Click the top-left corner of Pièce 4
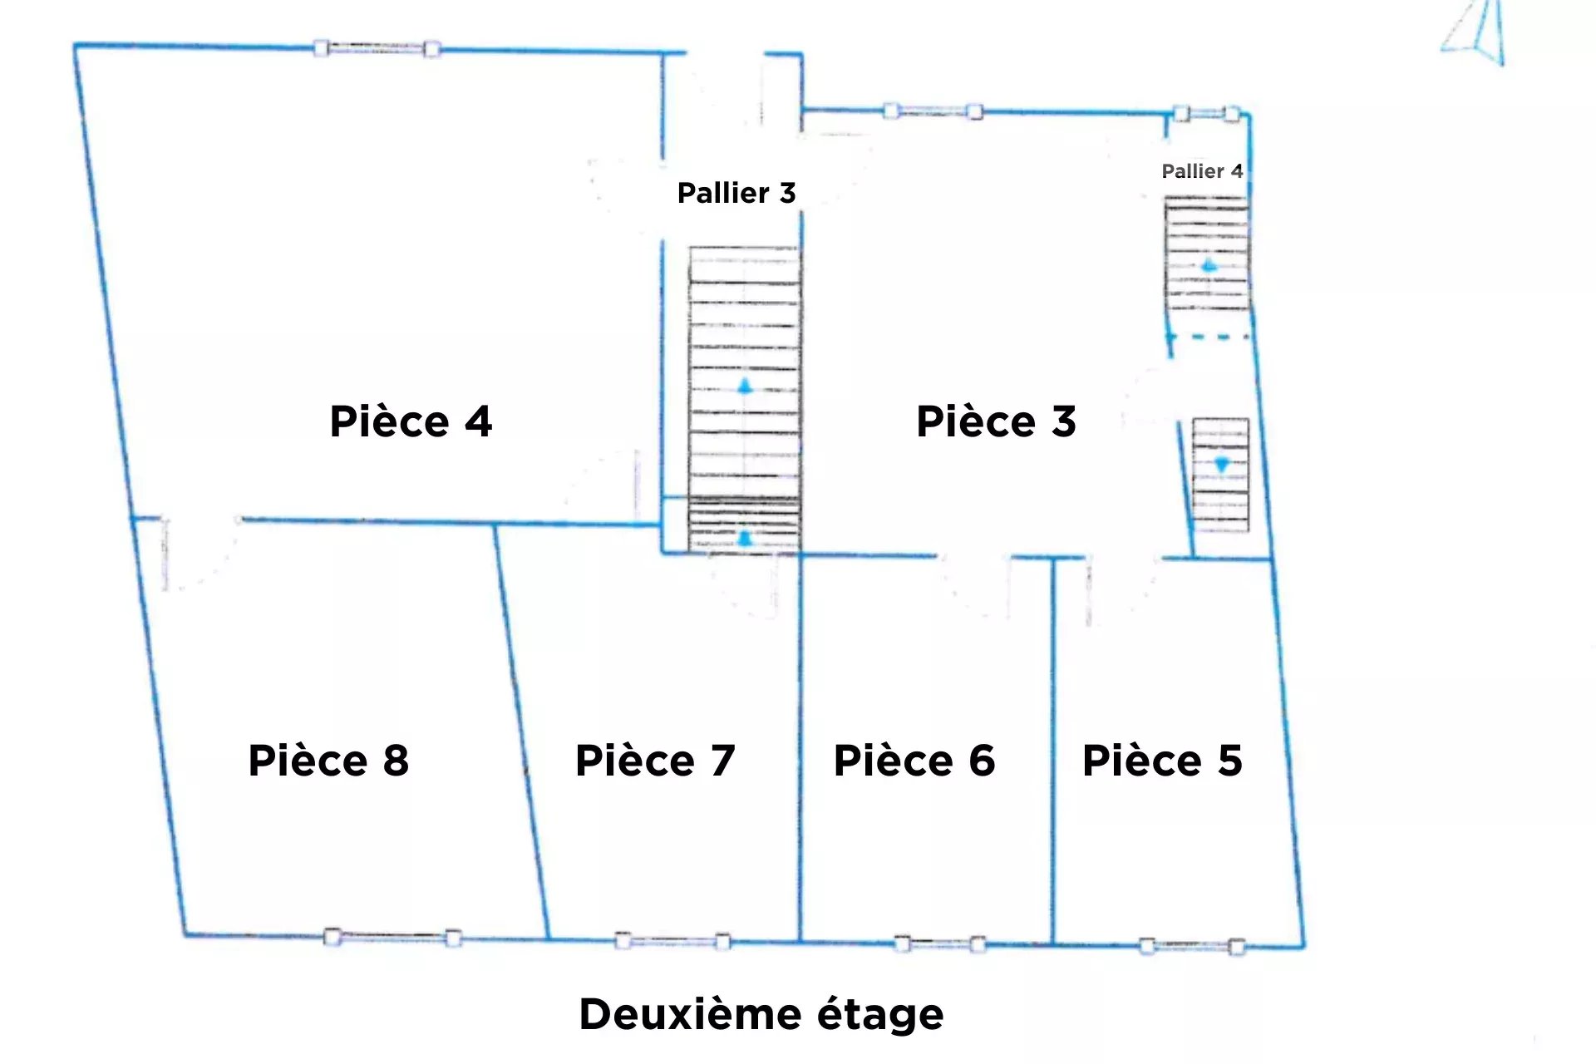tap(76, 45)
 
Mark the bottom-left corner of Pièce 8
tap(185, 934)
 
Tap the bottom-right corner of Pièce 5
tap(1303, 947)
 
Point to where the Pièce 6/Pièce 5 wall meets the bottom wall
tap(1053, 944)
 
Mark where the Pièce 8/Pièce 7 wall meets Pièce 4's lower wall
tap(495, 524)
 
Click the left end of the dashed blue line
tap(1170, 337)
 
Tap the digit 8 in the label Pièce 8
tap(396, 761)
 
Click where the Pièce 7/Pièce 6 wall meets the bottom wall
tap(800, 942)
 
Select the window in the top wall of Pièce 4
tap(377, 48)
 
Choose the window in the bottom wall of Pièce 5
tap(1192, 946)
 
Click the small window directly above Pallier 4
tap(1207, 114)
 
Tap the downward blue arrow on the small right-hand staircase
tap(1221, 465)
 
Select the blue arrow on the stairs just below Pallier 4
tap(1209, 266)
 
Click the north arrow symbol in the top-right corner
tap(1475, 32)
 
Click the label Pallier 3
tap(736, 193)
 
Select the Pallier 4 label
tap(1202, 171)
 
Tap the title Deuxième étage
tap(761, 1014)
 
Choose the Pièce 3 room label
tap(996, 421)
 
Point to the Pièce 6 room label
tap(914, 761)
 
